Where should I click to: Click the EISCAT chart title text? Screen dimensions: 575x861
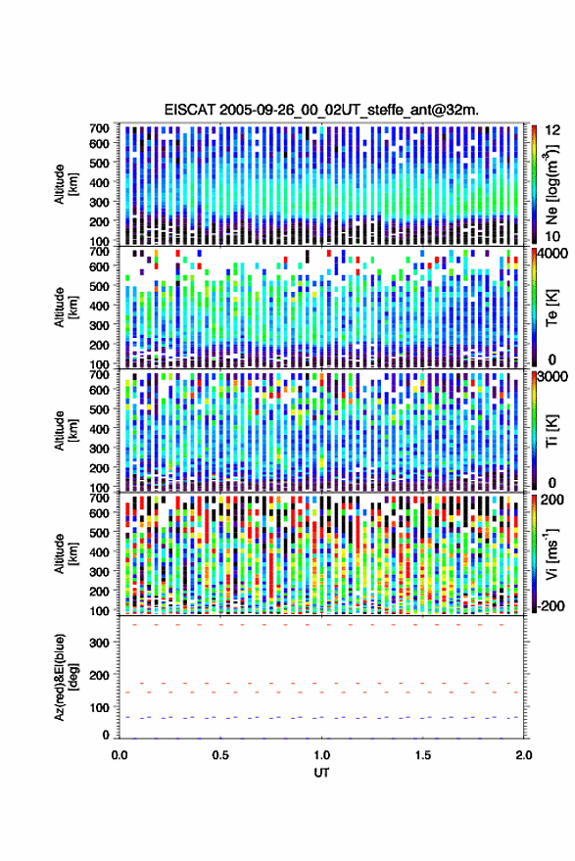point(321,110)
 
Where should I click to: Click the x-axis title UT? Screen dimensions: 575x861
point(321,773)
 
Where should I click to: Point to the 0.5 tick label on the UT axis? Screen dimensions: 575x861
point(220,755)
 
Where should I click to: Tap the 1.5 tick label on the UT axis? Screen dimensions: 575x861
point(423,755)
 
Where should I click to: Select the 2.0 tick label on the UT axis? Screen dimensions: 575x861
point(523,755)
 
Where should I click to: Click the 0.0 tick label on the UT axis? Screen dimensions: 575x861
point(120,755)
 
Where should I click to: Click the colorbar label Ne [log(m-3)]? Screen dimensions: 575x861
point(551,184)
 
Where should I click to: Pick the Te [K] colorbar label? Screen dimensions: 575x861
point(551,308)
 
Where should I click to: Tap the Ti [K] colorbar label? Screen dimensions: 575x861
point(551,431)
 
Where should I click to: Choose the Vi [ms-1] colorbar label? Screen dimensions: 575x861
point(551,553)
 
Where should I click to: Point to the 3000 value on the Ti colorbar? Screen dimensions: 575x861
point(551,377)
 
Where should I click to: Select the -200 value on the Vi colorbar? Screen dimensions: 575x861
point(551,606)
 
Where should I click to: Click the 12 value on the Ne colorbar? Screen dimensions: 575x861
point(552,130)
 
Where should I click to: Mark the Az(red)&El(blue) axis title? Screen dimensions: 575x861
point(66,677)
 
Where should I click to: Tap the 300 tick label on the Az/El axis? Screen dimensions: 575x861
point(99,643)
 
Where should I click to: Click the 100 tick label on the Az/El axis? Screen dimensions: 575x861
point(99,708)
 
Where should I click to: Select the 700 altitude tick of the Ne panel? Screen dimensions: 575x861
point(99,128)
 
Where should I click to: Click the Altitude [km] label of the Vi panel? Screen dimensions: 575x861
point(66,553)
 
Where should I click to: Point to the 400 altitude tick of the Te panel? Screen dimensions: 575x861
point(99,306)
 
